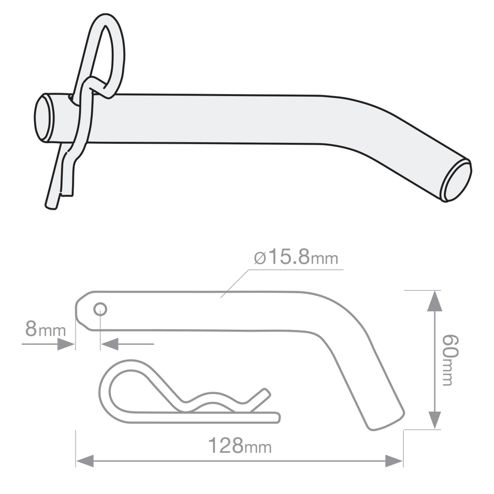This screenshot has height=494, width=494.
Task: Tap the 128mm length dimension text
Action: click(239, 446)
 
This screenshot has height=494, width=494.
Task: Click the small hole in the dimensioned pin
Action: click(100, 309)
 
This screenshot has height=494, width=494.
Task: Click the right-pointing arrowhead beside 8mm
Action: click(66, 344)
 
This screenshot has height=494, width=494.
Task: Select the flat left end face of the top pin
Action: click(43, 118)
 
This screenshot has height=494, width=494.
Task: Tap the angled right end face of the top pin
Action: click(457, 181)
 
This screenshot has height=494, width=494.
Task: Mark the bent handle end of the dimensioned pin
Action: click(384, 415)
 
